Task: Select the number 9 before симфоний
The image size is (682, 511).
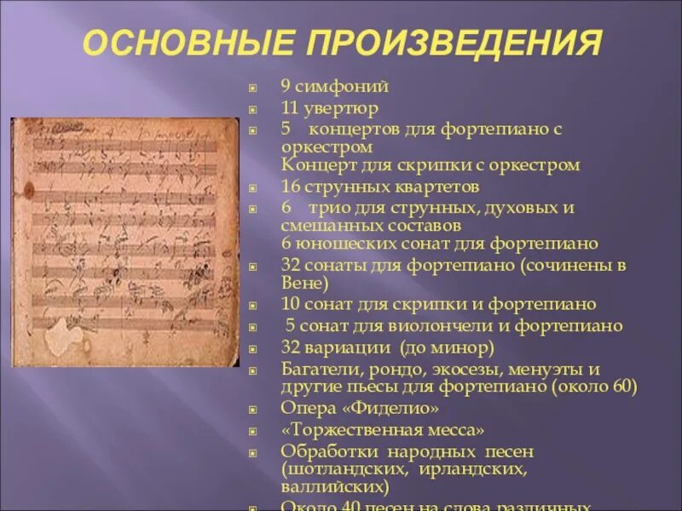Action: coord(286,86)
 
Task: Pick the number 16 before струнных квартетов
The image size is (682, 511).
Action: coord(289,186)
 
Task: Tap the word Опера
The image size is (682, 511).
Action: coord(302,409)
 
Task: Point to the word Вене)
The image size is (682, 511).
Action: coord(304,284)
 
